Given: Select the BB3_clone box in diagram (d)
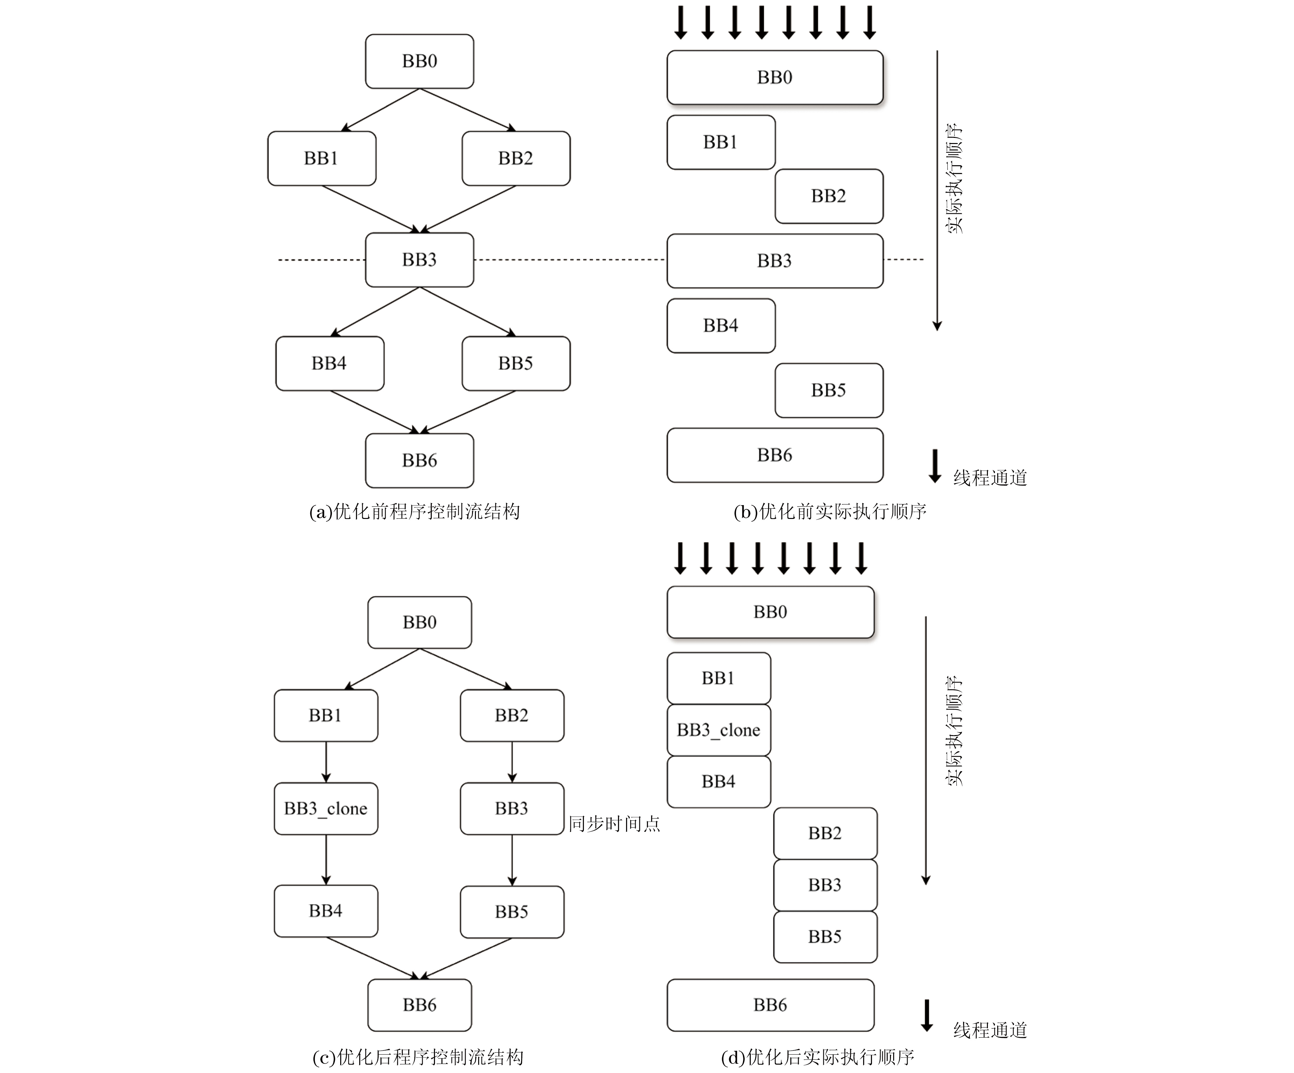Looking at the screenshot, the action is click(719, 730).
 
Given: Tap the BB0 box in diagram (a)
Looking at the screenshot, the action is click(420, 61).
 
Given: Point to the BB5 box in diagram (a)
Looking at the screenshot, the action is click(516, 363).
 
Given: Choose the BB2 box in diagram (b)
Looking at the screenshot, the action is click(829, 196).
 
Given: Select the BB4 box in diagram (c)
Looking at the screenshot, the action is click(326, 911).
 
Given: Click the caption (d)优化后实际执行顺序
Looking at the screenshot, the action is click(817, 1057).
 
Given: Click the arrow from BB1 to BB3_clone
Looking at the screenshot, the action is click(326, 762).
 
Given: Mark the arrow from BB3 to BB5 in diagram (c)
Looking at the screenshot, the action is click(512, 860).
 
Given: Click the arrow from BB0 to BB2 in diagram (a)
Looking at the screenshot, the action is click(468, 110).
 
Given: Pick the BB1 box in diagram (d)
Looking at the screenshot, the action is click(719, 678).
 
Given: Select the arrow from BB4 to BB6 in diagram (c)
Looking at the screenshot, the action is click(373, 958).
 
